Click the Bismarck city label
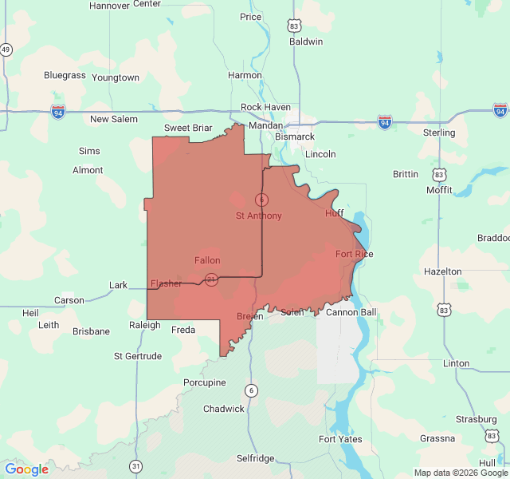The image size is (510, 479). [x=295, y=137]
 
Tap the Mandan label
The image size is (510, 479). [x=265, y=125]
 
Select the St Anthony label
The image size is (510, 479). [x=258, y=216]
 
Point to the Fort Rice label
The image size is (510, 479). [x=354, y=254]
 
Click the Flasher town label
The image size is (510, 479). [x=167, y=283]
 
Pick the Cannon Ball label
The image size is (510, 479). [x=351, y=312]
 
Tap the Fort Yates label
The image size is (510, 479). [x=340, y=439]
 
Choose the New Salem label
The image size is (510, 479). [x=113, y=119]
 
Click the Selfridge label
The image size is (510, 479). [x=255, y=458]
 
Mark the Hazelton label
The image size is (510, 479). [x=442, y=271]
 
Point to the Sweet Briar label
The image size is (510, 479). [x=188, y=128]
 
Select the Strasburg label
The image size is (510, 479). [x=477, y=418]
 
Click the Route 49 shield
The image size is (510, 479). [x=6, y=49]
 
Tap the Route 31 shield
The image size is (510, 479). [x=136, y=465]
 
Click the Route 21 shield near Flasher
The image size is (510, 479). [x=211, y=279]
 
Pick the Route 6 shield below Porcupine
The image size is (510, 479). [x=252, y=390]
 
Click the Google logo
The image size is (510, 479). [x=27, y=469]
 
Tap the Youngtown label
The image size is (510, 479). [x=116, y=77]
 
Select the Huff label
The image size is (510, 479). [x=334, y=213]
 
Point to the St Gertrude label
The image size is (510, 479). [x=139, y=355]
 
